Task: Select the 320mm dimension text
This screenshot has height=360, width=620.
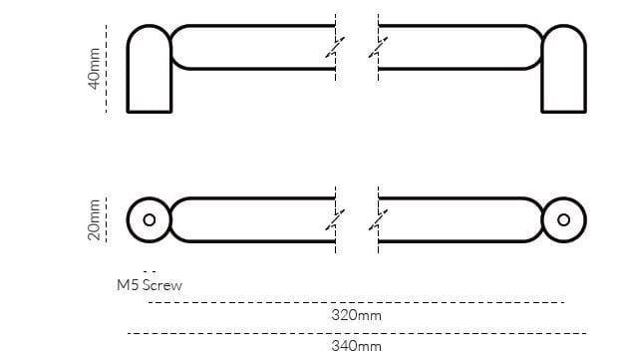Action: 356,315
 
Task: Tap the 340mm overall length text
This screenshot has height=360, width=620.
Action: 356,346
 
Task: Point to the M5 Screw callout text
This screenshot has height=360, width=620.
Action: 150,285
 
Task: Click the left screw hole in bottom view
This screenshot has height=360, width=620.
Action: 150,219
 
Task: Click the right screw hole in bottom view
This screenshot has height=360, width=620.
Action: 563,219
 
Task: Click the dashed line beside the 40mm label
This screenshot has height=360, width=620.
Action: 106,68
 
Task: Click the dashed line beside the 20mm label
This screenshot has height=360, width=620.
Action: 106,219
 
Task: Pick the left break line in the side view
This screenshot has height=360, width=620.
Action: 336,48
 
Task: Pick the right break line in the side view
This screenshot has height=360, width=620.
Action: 378,48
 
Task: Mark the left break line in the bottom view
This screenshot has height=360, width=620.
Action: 336,219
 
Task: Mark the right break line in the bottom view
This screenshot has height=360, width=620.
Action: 378,219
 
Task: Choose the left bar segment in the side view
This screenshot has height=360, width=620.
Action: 249,47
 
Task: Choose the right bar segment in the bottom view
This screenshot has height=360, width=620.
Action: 459,219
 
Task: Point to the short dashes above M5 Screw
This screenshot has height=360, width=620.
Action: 150,270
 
